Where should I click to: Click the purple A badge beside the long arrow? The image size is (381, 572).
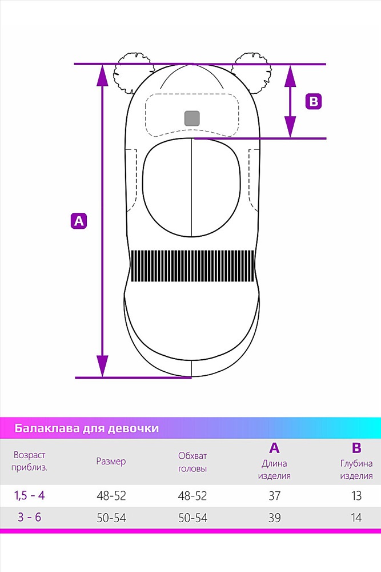point(79,221)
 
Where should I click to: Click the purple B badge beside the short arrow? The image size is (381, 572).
point(314,101)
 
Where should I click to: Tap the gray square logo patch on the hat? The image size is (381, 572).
point(192,118)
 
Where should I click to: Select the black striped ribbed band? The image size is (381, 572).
point(192,266)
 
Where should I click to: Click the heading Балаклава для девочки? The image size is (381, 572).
point(87,428)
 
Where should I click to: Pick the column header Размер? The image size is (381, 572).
point(111,461)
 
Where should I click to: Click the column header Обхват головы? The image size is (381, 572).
point(192,462)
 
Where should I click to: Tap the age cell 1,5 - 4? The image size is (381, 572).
point(30,495)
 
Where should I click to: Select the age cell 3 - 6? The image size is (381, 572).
point(30,517)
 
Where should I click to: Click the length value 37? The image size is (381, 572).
point(275,496)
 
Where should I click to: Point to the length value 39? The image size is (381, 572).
point(275,518)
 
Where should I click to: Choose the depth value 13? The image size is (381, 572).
point(356,496)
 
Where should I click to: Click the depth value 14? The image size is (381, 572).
point(356,518)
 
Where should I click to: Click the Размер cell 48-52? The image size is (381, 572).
point(111,496)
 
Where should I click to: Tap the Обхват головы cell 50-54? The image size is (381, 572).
point(192,518)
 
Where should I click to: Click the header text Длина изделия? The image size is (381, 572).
point(274,470)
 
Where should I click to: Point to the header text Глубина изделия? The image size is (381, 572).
point(356,470)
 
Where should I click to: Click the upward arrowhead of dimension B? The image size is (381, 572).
point(290,76)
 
